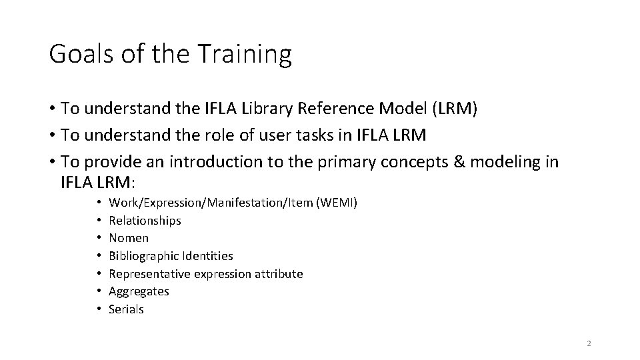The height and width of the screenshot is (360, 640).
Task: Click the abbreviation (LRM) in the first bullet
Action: click(453, 109)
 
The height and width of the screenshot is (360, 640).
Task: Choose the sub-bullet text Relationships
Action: click(145, 221)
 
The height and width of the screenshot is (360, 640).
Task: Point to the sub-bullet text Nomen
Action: click(129, 238)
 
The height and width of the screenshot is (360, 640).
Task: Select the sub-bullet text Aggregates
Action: click(139, 292)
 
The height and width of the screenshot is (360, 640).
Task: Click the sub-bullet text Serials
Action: click(126, 309)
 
